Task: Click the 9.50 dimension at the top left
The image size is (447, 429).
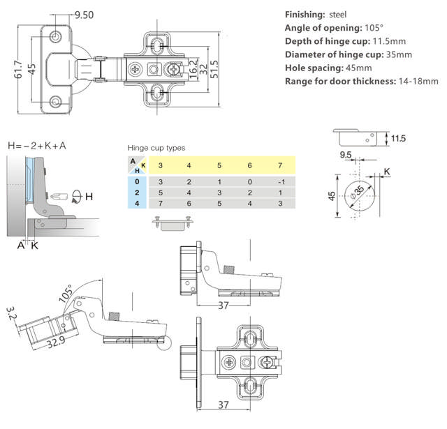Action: point(83,14)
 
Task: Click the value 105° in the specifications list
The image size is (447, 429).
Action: point(375,28)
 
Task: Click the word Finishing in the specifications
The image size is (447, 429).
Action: point(307,15)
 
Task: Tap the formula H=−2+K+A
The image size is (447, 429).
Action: point(37,146)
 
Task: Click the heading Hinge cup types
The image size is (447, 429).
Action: point(156,148)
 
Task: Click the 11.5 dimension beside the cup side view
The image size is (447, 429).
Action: point(398,139)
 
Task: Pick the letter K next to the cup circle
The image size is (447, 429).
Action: point(386,171)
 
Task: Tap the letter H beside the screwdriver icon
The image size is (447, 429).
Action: point(89,197)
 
